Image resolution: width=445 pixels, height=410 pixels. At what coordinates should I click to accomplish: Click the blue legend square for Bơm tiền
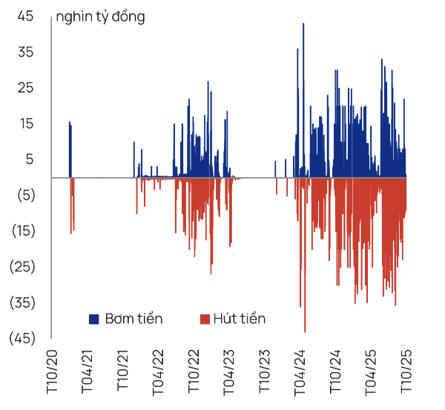[93, 319]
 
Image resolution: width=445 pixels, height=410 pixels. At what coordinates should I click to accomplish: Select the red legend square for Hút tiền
[205, 319]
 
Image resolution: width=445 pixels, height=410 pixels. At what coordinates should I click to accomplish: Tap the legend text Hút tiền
[239, 319]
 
